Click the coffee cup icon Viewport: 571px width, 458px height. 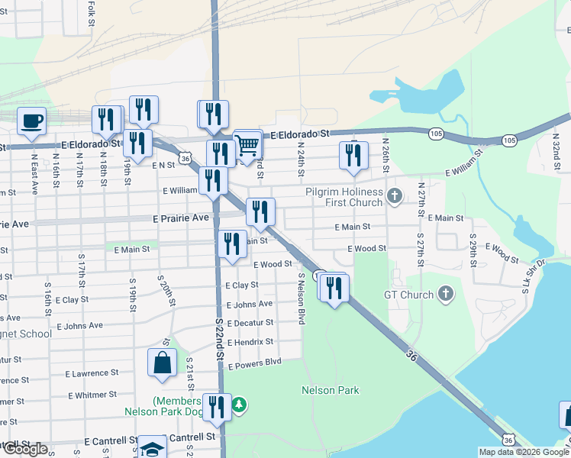(x=31, y=121)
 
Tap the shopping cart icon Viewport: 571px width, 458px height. (x=247, y=144)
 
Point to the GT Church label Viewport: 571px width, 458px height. (x=408, y=295)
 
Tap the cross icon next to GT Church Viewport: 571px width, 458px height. (x=446, y=295)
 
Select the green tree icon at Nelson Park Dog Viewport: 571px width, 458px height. (x=240, y=402)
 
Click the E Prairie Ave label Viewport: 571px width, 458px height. (x=179, y=218)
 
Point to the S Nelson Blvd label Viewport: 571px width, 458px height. (x=302, y=298)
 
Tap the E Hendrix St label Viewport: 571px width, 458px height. (x=250, y=342)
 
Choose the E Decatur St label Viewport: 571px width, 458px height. (x=249, y=323)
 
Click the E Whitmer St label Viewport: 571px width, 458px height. (x=92, y=395)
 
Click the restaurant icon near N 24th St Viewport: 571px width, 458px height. (x=353, y=155)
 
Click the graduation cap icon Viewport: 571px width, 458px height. (x=153, y=449)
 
